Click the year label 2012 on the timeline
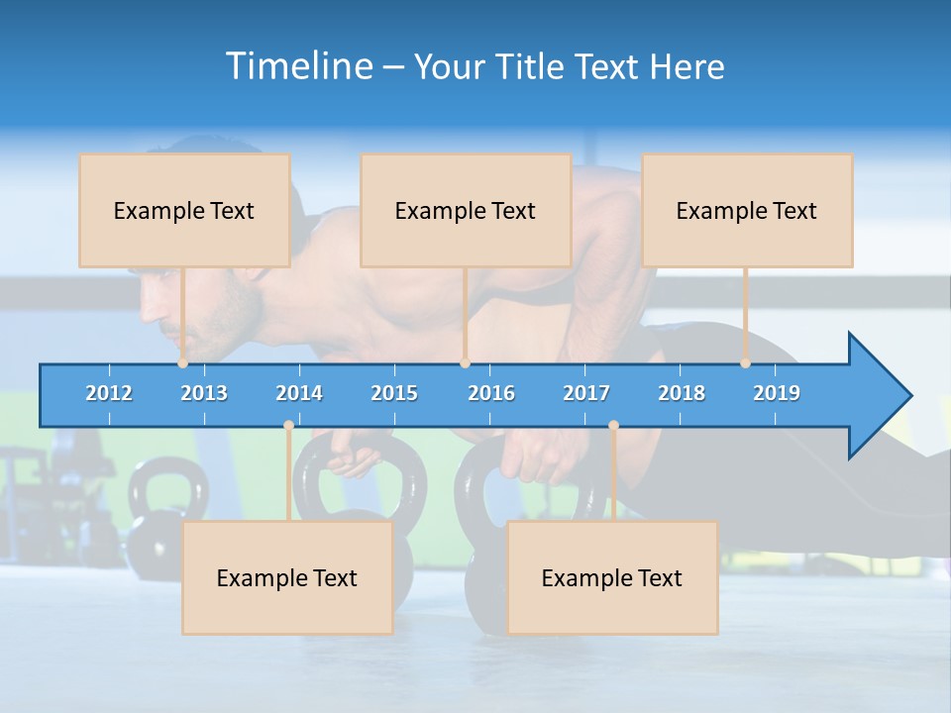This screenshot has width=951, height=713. pyautogui.click(x=109, y=393)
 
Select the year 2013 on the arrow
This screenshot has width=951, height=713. pyautogui.click(x=204, y=393)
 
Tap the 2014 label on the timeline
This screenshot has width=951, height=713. pyautogui.click(x=299, y=393)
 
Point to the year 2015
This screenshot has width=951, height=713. pyautogui.click(x=394, y=393)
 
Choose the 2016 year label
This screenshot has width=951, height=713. pyautogui.click(x=491, y=393)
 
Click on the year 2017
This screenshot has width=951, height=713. pyautogui.click(x=586, y=393)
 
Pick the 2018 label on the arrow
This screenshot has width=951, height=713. pyautogui.click(x=682, y=393)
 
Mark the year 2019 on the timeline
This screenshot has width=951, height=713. pyautogui.click(x=777, y=393)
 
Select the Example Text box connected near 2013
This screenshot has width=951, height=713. pyautogui.click(x=184, y=210)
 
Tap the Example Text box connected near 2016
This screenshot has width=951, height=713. pyautogui.click(x=466, y=210)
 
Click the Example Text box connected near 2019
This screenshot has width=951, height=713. pyautogui.click(x=747, y=210)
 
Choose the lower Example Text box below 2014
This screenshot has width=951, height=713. pyautogui.click(x=287, y=577)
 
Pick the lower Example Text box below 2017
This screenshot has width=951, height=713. pyautogui.click(x=612, y=577)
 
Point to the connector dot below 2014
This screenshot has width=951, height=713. pyautogui.click(x=288, y=426)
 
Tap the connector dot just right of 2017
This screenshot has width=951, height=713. pyautogui.click(x=613, y=426)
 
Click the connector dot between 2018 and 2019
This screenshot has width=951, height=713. pyautogui.click(x=745, y=363)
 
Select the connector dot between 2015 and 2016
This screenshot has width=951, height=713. pyautogui.click(x=465, y=363)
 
